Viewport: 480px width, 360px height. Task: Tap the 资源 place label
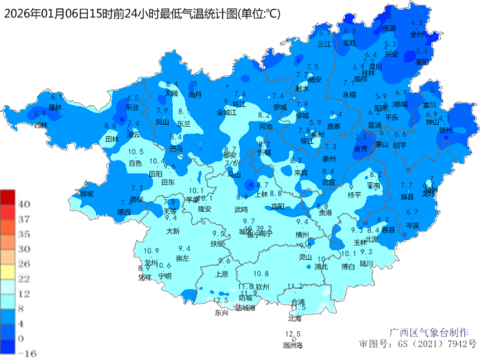389,28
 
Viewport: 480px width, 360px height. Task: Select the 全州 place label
417,33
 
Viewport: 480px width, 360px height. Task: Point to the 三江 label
324,43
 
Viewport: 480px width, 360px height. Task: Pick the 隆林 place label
56,107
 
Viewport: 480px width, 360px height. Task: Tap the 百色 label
135,163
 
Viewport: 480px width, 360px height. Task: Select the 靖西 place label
124,213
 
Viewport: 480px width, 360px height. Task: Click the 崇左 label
183,259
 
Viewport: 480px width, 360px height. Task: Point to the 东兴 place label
221,313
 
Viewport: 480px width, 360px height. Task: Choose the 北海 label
295,318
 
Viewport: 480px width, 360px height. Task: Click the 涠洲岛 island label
293,345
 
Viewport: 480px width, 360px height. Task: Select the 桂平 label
354,195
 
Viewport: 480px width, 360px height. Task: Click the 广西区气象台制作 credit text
435,331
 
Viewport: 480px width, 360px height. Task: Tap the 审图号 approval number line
418,342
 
